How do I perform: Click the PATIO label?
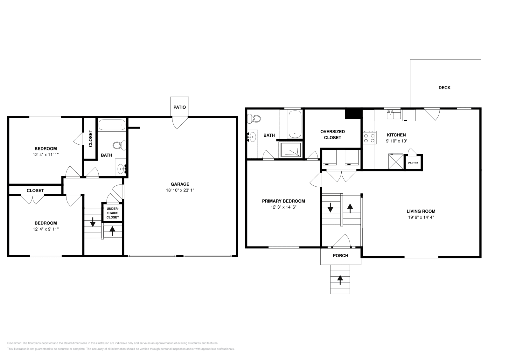(179, 107)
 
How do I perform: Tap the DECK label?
(444, 87)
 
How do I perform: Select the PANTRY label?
(413, 163)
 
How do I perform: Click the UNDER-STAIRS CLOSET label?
(113, 213)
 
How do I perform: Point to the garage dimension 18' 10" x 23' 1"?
(180, 190)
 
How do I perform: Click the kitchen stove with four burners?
(369, 138)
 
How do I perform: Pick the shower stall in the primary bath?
(290, 150)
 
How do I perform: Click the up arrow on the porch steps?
(340, 280)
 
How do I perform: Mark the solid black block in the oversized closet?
(353, 114)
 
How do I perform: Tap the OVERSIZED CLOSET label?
(332, 135)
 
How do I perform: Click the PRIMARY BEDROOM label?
(283, 201)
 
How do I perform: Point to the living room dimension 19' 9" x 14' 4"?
(421, 218)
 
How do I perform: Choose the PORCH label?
(340, 256)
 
